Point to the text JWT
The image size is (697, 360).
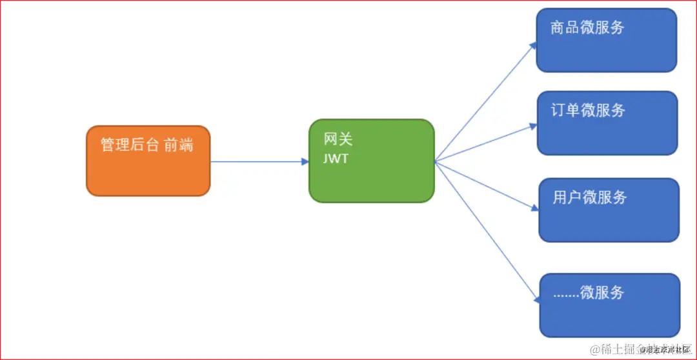tap(336, 159)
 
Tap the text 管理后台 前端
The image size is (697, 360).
tap(147, 145)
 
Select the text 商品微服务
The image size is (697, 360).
tap(587, 28)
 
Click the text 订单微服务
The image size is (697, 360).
tap(588, 110)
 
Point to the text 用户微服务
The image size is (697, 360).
tap(589, 197)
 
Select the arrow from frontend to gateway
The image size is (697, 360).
tap(258, 161)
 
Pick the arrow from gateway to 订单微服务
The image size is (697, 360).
tap(485, 143)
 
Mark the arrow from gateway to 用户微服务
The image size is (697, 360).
tap(485, 185)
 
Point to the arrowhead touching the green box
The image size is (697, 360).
tap(305, 161)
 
